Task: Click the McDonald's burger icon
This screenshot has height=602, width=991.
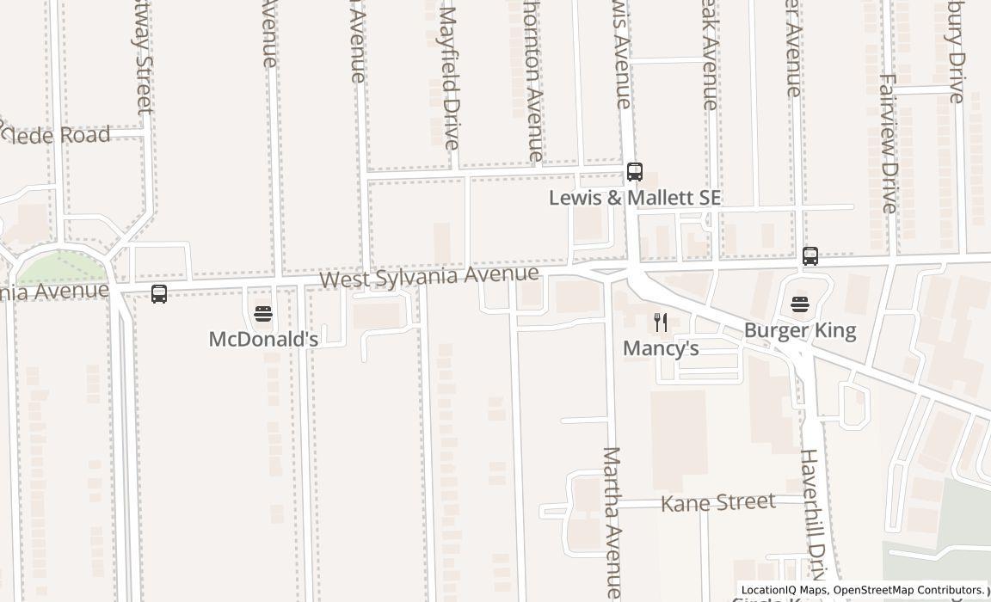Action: point(263,314)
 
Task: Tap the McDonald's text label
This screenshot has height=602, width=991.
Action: point(263,339)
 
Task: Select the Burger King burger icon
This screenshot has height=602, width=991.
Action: point(799,304)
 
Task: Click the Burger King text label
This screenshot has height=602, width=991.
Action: point(799,330)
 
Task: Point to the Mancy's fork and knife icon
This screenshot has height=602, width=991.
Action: point(661,322)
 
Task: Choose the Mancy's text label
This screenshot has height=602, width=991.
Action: point(661,348)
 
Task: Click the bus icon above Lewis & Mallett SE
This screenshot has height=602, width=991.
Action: point(635,172)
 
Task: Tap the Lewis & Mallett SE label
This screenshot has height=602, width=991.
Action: point(635,198)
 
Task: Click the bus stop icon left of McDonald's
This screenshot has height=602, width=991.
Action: point(159,294)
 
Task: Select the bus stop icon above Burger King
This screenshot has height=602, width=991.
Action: point(809,255)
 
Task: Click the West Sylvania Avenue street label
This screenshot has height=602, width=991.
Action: point(429,277)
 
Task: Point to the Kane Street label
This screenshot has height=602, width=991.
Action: point(717,502)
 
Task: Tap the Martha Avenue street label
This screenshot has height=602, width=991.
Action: point(612,520)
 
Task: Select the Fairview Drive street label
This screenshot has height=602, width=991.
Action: point(888,143)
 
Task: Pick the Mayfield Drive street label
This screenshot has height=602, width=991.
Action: point(449,77)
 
